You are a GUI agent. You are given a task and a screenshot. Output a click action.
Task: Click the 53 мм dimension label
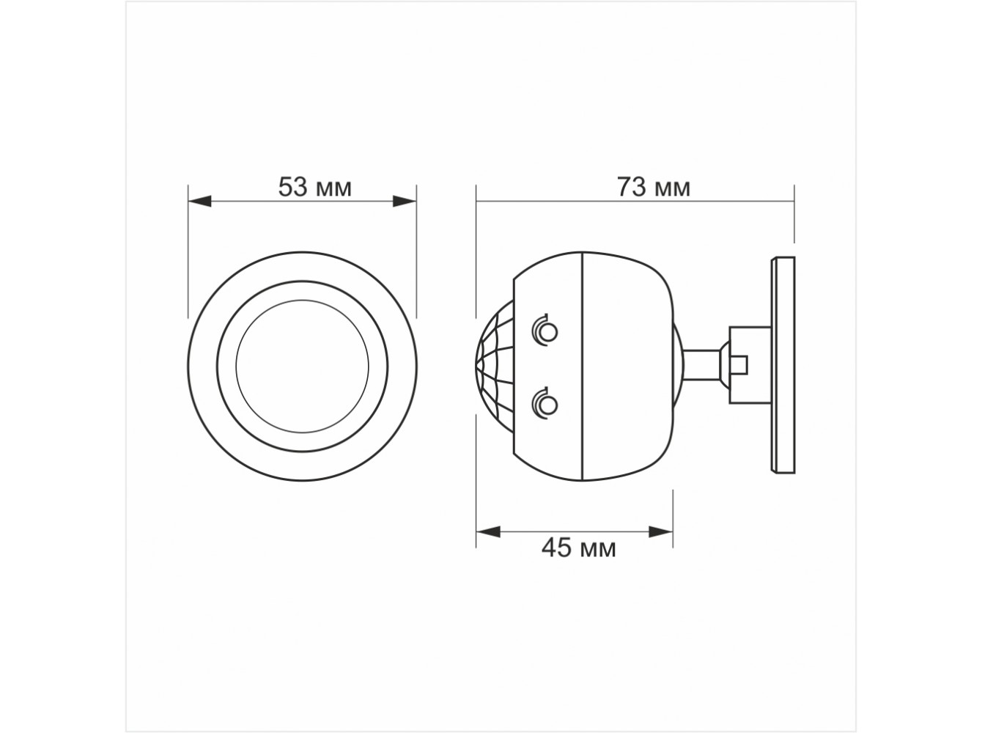coord(314,187)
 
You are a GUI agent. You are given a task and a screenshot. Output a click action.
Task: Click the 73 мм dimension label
coord(654,187)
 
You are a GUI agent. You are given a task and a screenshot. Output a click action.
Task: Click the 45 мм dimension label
coord(579,548)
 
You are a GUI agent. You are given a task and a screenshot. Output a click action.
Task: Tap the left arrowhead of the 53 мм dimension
coord(199,202)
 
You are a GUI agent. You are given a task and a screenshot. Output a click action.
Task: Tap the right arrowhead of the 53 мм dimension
coord(405,202)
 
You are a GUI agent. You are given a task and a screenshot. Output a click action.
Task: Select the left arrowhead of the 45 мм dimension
coord(488,532)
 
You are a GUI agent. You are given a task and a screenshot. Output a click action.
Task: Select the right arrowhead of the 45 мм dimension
coord(661,532)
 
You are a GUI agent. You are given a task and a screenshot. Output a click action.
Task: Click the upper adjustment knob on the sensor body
coord(545,331)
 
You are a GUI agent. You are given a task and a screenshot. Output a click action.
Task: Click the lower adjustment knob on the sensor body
coord(545,404)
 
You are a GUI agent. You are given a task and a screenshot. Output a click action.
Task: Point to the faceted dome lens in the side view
coord(495,366)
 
